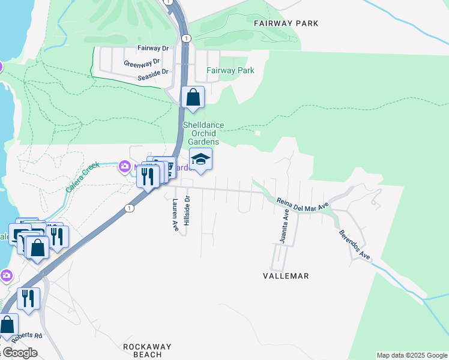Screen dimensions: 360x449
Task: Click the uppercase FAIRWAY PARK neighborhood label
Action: [x=286, y=23]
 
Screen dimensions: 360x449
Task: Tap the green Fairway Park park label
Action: [x=231, y=70]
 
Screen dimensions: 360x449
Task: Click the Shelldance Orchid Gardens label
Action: [x=203, y=133]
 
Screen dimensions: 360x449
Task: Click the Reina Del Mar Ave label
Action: [x=303, y=204]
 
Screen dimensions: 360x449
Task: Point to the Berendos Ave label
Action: [x=354, y=245]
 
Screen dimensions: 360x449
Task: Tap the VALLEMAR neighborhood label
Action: [x=286, y=276]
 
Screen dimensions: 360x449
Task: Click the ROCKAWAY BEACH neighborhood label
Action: [x=147, y=350]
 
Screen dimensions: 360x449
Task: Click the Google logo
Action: [x=19, y=353]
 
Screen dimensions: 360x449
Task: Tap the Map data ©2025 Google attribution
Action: [x=412, y=355]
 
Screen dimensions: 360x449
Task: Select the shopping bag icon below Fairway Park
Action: [x=193, y=97]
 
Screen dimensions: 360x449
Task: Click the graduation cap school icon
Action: [x=200, y=160]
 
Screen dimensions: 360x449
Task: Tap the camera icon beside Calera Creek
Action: [x=124, y=166]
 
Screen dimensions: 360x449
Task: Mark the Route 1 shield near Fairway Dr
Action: [x=187, y=38]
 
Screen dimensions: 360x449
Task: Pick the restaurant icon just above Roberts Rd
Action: [x=28, y=298]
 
